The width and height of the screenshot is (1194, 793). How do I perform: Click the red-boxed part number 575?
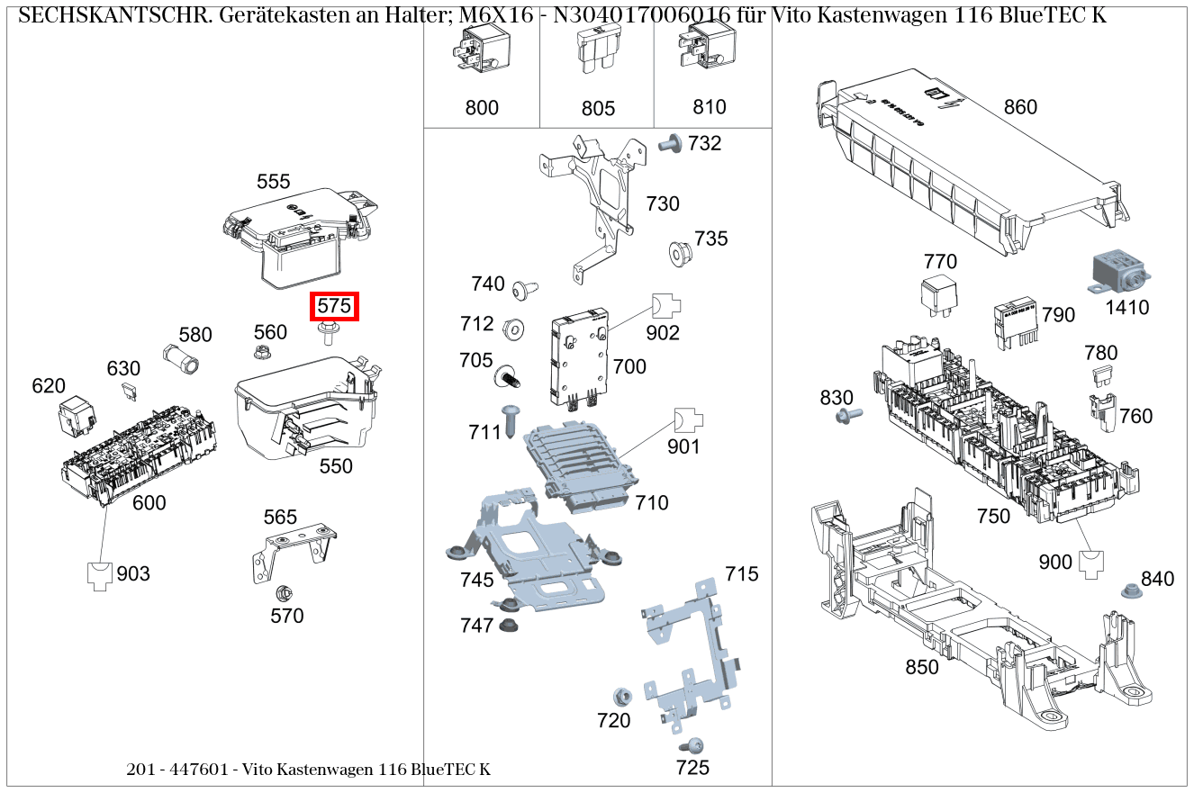point(334,306)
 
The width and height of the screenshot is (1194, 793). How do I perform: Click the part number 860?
point(1019,107)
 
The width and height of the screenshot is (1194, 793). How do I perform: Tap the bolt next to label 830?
point(847,415)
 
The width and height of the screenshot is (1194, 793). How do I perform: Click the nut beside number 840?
point(1128,591)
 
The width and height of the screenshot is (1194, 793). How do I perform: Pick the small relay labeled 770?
point(939,297)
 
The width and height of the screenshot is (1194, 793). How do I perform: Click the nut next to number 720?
point(620,696)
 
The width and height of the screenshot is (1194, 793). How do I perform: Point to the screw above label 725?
point(692,745)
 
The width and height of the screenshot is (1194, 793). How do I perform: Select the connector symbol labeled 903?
point(100,574)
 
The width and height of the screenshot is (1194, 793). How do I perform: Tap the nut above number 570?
point(282,594)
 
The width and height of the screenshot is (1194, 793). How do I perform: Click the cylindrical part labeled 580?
point(180,357)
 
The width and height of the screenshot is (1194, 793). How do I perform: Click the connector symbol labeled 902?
point(665,306)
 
